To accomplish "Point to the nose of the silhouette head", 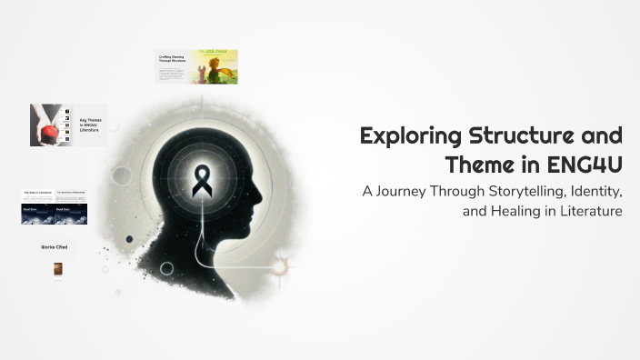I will point(265,194).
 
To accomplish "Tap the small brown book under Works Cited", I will point(58,269).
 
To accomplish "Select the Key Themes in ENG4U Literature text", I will point(90,125).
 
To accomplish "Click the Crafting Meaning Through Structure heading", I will point(174,60).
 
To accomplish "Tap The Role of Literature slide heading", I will point(37,194).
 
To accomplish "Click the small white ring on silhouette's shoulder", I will point(167,268).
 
